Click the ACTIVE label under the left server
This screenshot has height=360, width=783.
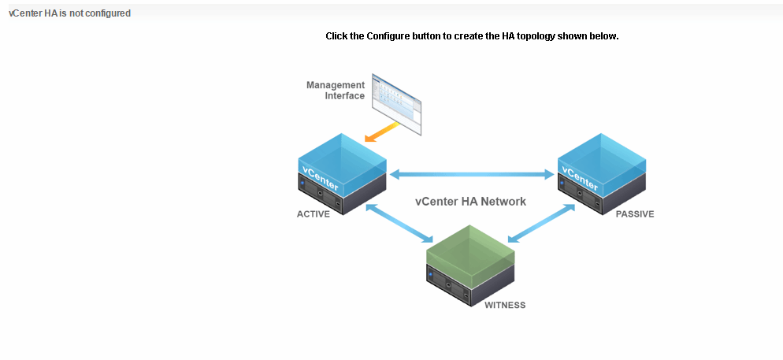coord(314,214)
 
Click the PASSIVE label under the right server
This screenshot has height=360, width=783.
coord(635,214)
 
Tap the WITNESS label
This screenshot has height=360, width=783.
coord(505,305)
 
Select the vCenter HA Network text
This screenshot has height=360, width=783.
coord(470,202)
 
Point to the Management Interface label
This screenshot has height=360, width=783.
coord(336,91)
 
